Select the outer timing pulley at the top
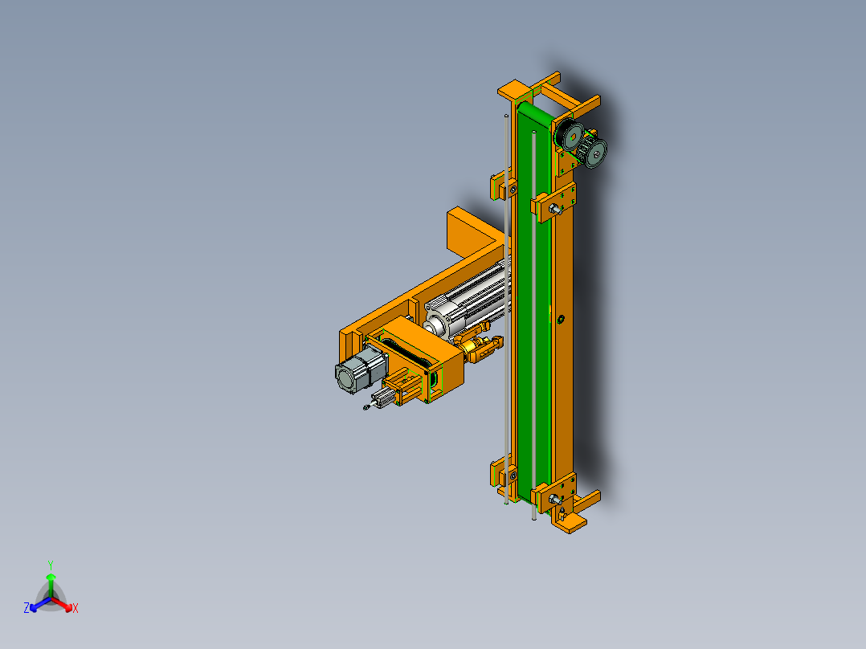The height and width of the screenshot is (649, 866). point(596,153)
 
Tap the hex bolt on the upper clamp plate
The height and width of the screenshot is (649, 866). point(555,208)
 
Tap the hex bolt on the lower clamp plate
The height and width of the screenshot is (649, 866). point(555,499)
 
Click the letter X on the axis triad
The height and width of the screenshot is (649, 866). point(76,609)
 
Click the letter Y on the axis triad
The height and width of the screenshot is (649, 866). point(50,565)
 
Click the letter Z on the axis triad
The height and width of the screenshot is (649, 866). point(27,608)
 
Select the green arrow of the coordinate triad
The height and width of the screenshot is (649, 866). point(50,580)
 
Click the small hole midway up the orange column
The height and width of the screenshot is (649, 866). point(561,320)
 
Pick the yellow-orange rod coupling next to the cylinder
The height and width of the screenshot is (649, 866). point(477,350)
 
